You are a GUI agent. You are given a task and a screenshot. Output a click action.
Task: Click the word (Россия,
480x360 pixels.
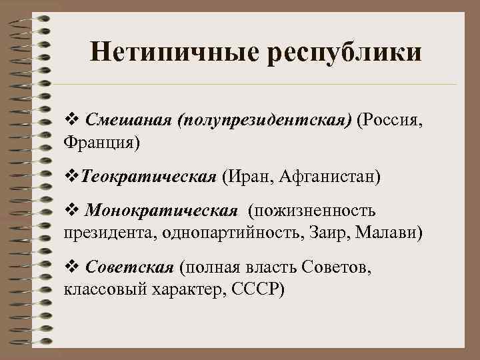[x=390, y=121]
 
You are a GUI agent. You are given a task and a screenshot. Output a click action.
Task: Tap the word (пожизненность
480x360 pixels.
[x=313, y=212]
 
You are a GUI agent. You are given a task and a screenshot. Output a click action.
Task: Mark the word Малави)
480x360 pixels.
[x=394, y=233]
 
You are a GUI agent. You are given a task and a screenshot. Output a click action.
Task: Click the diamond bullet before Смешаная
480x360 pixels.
[x=71, y=121]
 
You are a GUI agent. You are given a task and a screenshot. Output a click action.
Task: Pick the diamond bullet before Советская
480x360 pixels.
[x=71, y=268]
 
